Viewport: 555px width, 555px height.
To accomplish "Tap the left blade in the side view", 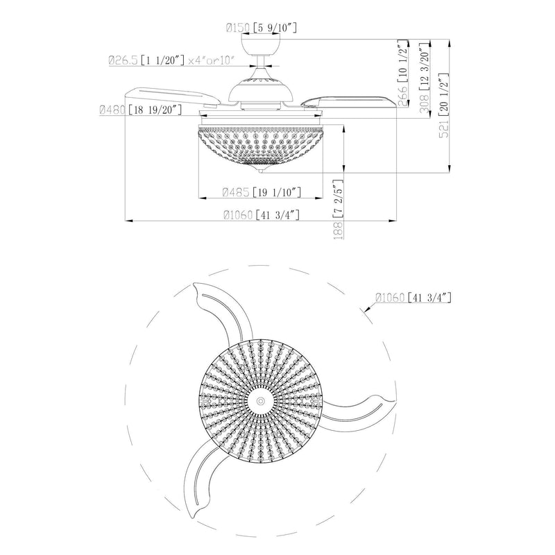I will pos(173,96).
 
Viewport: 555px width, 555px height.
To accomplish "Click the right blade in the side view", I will pos(354,98).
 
